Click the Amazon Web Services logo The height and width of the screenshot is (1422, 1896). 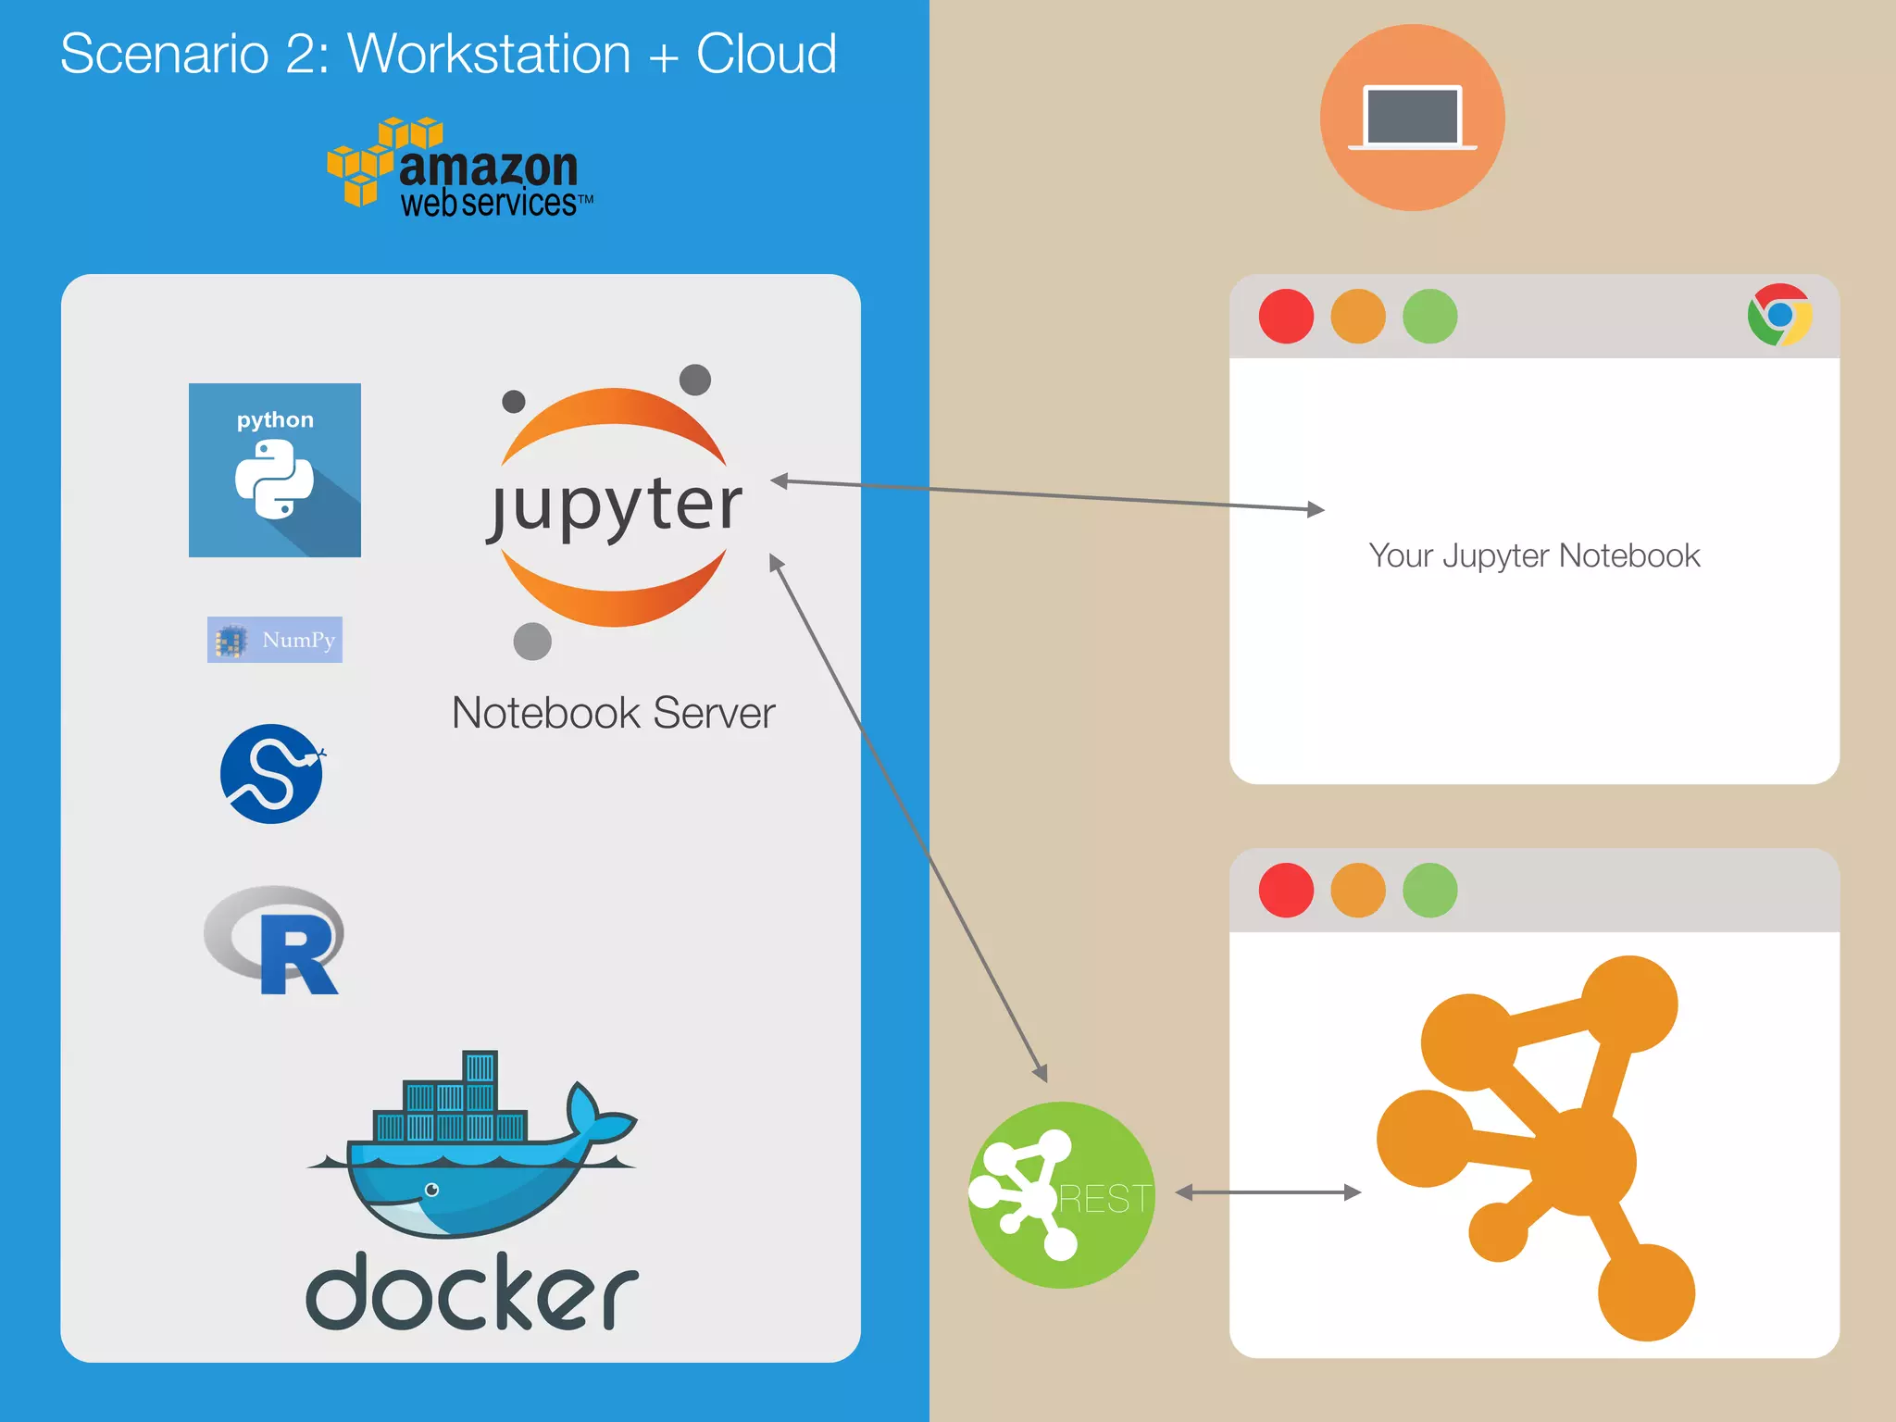click(460, 168)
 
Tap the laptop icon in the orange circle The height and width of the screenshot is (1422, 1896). click(1412, 118)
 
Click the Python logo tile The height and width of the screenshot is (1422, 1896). click(275, 470)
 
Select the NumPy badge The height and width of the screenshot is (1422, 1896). click(275, 640)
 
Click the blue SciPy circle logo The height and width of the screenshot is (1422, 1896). click(272, 774)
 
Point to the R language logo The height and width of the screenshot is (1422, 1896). click(275, 941)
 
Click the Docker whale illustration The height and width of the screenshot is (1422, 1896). click(472, 1148)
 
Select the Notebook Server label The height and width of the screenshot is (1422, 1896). click(613, 713)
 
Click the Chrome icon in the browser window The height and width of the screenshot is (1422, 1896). click(1778, 316)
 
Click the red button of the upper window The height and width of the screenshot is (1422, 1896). click(1286, 317)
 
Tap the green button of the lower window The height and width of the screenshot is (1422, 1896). click(1429, 891)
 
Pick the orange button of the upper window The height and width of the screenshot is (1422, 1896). click(1357, 317)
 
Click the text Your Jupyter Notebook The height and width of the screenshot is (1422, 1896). click(1534, 555)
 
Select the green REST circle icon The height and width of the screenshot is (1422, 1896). click(1061, 1194)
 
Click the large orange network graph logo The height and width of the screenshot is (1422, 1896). click(1537, 1148)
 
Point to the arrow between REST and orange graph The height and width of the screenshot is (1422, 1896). click(1268, 1192)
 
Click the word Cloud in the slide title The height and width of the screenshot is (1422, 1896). click(766, 54)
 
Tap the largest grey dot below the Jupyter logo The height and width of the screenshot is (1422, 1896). click(532, 641)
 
